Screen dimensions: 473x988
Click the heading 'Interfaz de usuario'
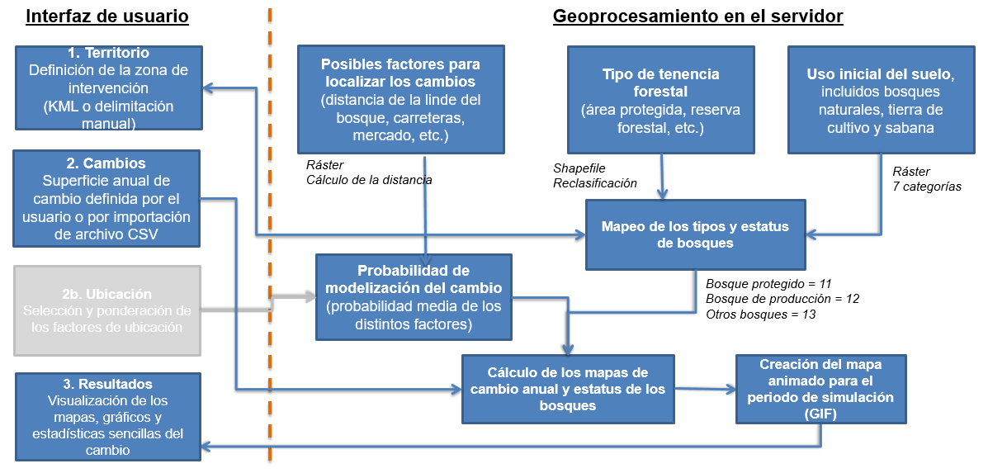(107, 17)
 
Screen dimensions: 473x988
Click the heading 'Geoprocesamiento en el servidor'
(697, 17)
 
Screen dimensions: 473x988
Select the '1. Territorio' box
(107, 88)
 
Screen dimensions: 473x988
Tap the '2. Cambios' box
(107, 198)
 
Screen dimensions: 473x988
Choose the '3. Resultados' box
(107, 417)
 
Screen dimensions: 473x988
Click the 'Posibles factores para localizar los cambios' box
(400, 99)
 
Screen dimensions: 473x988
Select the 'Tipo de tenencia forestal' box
(660, 99)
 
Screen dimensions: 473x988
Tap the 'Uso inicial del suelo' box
(881, 99)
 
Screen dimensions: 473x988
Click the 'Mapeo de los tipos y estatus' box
(695, 234)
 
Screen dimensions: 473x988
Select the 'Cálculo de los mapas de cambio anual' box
(567, 388)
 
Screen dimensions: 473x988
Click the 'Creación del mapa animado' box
(820, 388)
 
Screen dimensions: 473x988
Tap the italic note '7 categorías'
(927, 187)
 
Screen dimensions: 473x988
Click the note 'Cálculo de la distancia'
(369, 179)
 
